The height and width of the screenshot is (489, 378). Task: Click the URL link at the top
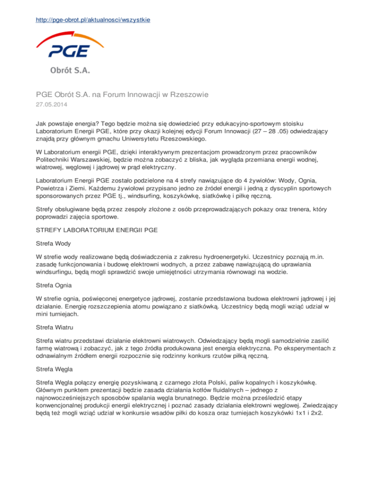point(93,20)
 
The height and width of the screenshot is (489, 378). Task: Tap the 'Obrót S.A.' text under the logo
point(69,70)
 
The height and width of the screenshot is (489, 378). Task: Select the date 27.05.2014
point(52,104)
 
